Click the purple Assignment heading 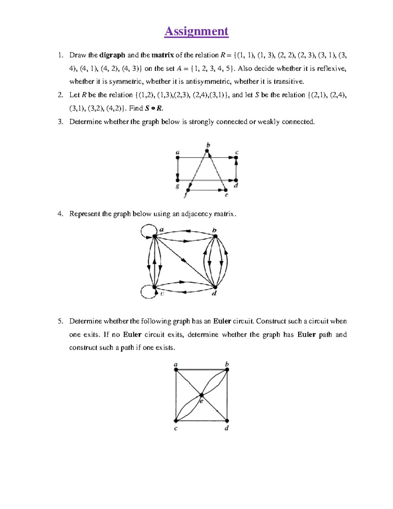pos(196,31)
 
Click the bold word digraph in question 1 pos(112,55)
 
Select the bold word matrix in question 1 pos(162,55)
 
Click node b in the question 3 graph pos(207,151)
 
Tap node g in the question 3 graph pos(178,180)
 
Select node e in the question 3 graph pos(225,190)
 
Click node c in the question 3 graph pos(236,158)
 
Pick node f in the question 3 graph pos(188,190)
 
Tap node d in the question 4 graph pos(215,287)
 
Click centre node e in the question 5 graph pos(201,395)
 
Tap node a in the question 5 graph pos(176,370)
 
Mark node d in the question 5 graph pos(227,421)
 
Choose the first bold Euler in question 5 pos(222,321)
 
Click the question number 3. pos(60,122)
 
